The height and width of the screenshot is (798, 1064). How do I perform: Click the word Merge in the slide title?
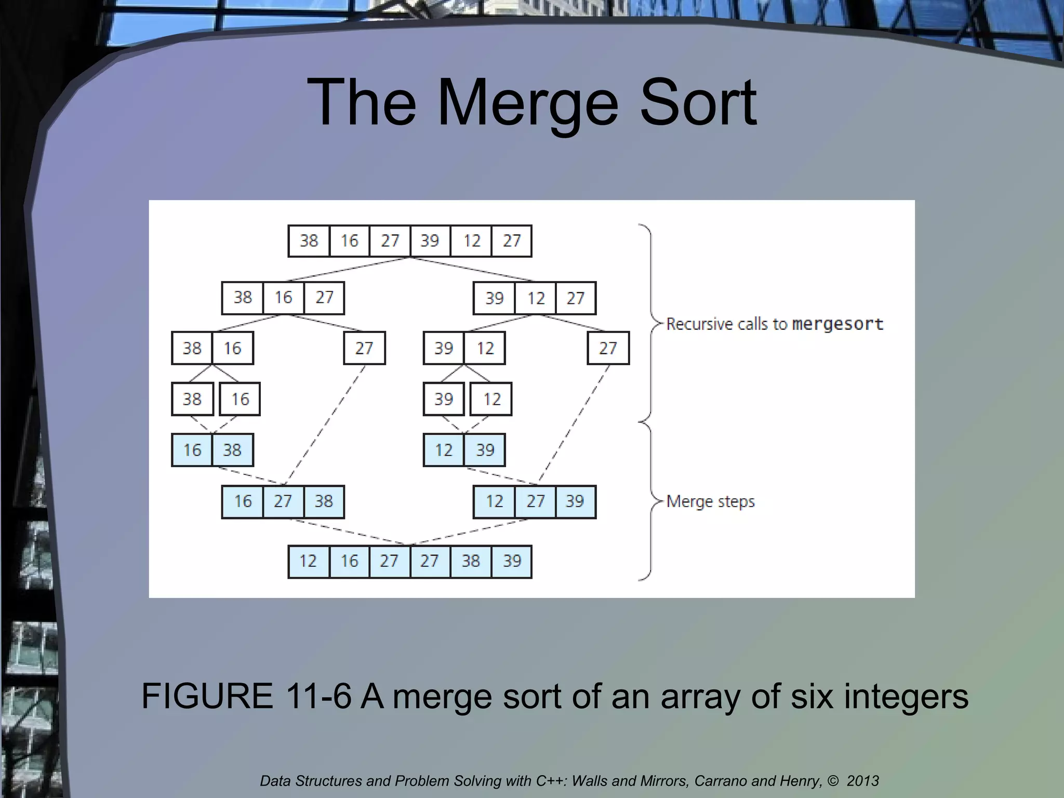pyautogui.click(x=527, y=102)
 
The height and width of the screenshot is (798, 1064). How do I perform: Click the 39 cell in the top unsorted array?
pyautogui.click(x=430, y=241)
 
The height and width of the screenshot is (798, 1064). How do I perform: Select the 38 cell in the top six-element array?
pyautogui.click(x=309, y=241)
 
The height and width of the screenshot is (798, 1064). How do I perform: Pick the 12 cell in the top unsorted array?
pyautogui.click(x=471, y=241)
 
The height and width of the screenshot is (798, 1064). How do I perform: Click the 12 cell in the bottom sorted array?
pyautogui.click(x=308, y=561)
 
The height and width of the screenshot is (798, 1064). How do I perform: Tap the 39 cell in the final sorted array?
pyautogui.click(x=512, y=561)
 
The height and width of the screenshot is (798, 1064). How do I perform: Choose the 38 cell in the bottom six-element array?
pyautogui.click(x=471, y=561)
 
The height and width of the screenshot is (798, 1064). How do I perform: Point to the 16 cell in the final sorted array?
pyautogui.click(x=349, y=561)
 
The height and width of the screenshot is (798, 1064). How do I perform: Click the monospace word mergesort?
pyautogui.click(x=837, y=324)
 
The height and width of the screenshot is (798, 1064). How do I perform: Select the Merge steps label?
pyautogui.click(x=710, y=501)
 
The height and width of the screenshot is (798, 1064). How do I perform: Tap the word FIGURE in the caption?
pyautogui.click(x=207, y=696)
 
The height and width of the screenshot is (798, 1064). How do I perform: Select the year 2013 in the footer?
pyautogui.click(x=862, y=781)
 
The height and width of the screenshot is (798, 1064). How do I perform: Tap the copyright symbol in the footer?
pyautogui.click(x=833, y=781)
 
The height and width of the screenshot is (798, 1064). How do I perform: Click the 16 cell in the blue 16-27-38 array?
pyautogui.click(x=243, y=502)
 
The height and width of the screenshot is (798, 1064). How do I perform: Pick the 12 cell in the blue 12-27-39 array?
pyautogui.click(x=494, y=502)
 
